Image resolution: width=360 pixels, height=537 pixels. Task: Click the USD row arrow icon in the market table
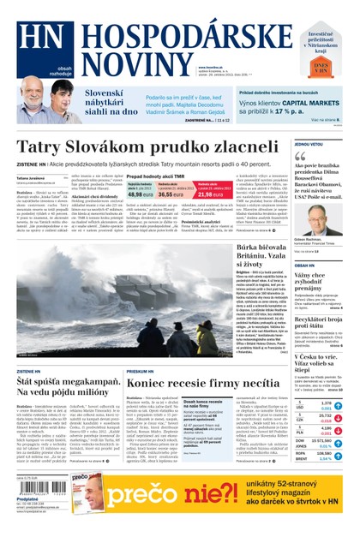[x=338, y=405]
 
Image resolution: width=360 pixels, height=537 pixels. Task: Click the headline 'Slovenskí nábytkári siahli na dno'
[x=111, y=101]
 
